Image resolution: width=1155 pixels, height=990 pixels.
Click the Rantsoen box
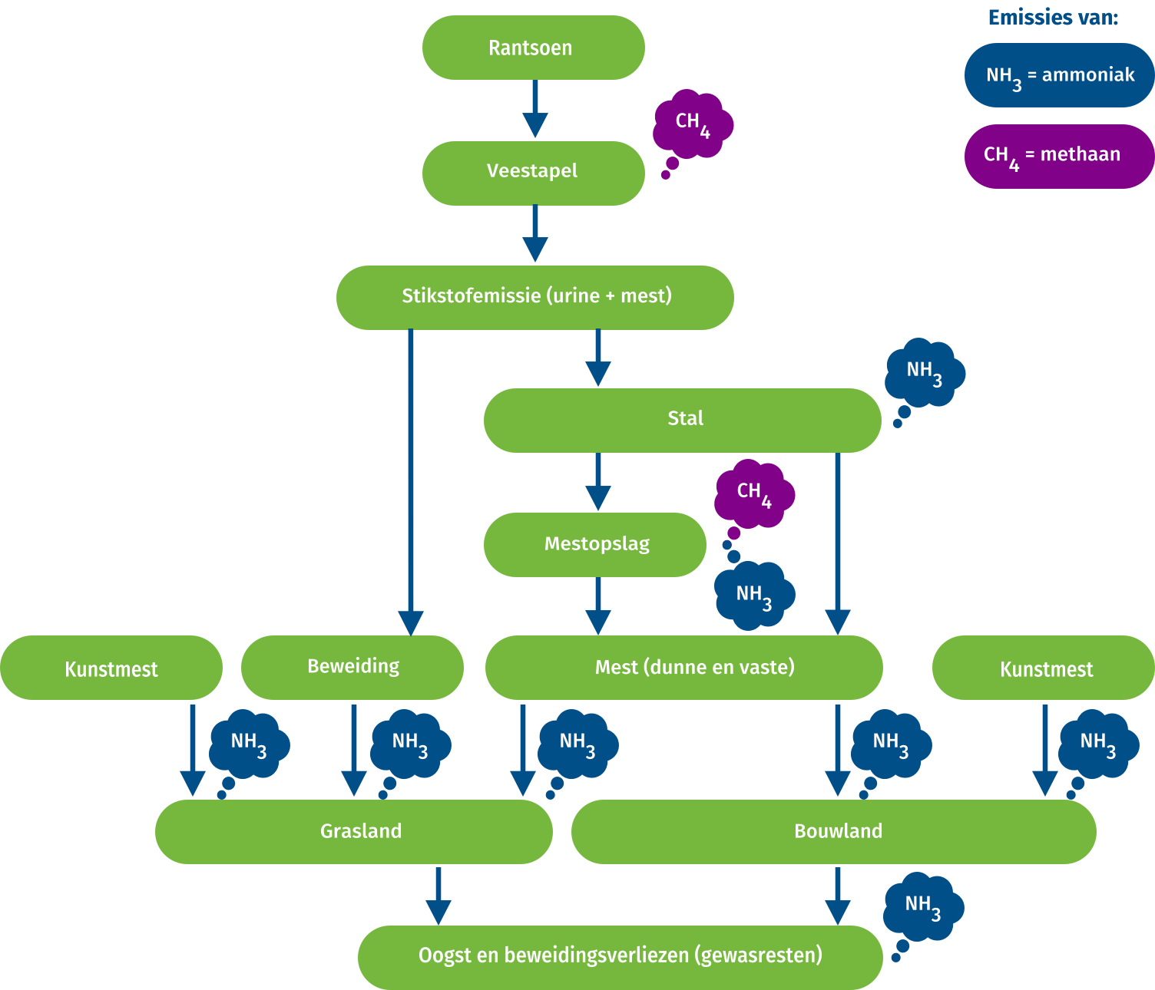point(533,48)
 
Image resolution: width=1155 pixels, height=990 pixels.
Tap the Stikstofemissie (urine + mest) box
point(535,297)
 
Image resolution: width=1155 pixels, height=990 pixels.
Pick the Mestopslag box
point(595,544)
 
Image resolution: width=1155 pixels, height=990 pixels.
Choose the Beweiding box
point(352,667)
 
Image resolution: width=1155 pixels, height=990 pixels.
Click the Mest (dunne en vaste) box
point(683,667)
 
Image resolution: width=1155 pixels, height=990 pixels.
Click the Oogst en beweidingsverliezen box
point(620,956)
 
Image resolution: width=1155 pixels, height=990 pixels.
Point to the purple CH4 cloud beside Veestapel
point(693,124)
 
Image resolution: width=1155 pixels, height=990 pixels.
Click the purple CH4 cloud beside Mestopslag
point(754,494)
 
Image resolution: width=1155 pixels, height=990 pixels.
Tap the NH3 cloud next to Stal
point(924,372)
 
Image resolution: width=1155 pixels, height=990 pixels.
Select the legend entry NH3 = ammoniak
point(1059,75)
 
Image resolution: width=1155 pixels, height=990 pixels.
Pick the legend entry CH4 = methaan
point(1059,156)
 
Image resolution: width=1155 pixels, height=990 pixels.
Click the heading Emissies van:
point(1052,18)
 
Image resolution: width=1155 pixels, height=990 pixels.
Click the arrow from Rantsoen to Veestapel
point(535,108)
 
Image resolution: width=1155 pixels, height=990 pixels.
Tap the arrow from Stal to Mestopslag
point(598,481)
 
